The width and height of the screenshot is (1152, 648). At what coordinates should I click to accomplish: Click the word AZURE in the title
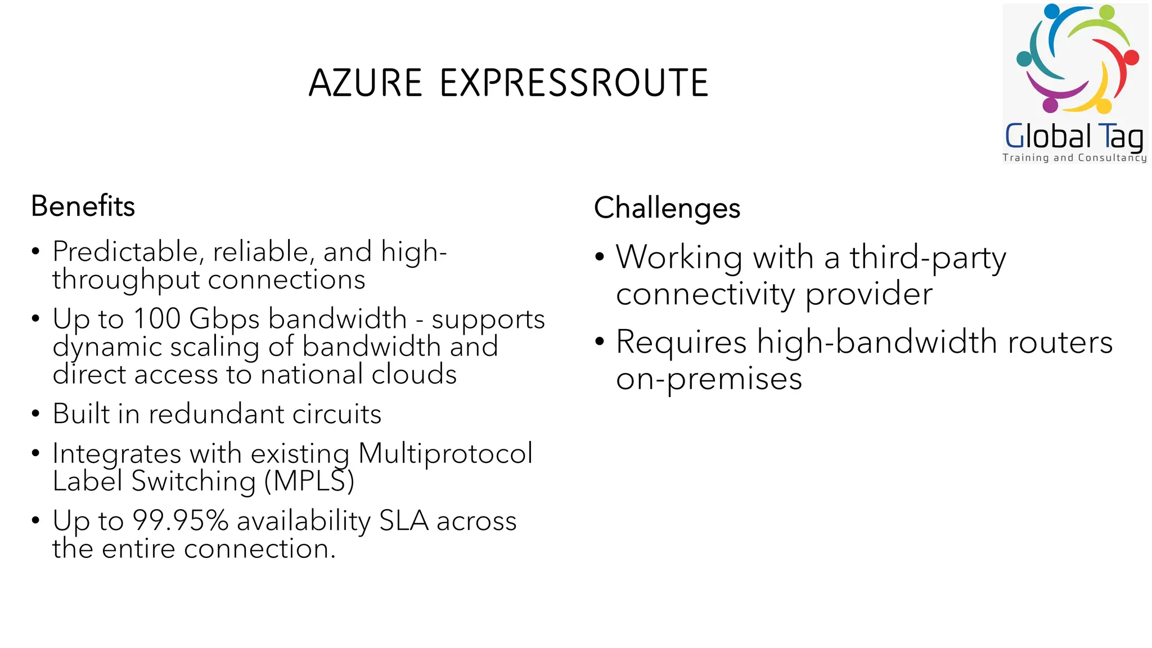(365, 83)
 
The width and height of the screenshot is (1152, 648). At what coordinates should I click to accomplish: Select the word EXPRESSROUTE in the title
(574, 83)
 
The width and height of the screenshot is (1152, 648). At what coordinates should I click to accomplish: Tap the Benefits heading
(83, 206)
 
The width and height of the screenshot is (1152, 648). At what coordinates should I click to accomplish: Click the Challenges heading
(667, 208)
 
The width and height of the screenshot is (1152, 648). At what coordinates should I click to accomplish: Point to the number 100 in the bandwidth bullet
(156, 318)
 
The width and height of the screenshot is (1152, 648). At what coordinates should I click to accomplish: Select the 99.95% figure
(180, 520)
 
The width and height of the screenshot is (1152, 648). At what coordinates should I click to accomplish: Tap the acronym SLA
(404, 520)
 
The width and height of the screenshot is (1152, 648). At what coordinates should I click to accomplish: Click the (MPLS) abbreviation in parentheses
(309, 481)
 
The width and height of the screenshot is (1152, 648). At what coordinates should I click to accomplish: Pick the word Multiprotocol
(445, 453)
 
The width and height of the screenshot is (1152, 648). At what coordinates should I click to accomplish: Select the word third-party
(928, 258)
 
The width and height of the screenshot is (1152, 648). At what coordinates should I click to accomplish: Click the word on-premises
(709, 379)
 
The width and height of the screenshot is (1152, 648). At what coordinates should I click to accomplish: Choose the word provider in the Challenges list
(869, 295)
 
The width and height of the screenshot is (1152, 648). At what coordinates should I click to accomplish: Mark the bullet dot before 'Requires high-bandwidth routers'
(600, 341)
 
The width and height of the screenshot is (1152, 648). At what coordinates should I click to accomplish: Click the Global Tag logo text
(1074, 136)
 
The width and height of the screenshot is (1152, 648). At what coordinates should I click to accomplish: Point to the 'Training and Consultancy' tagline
(1074, 158)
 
